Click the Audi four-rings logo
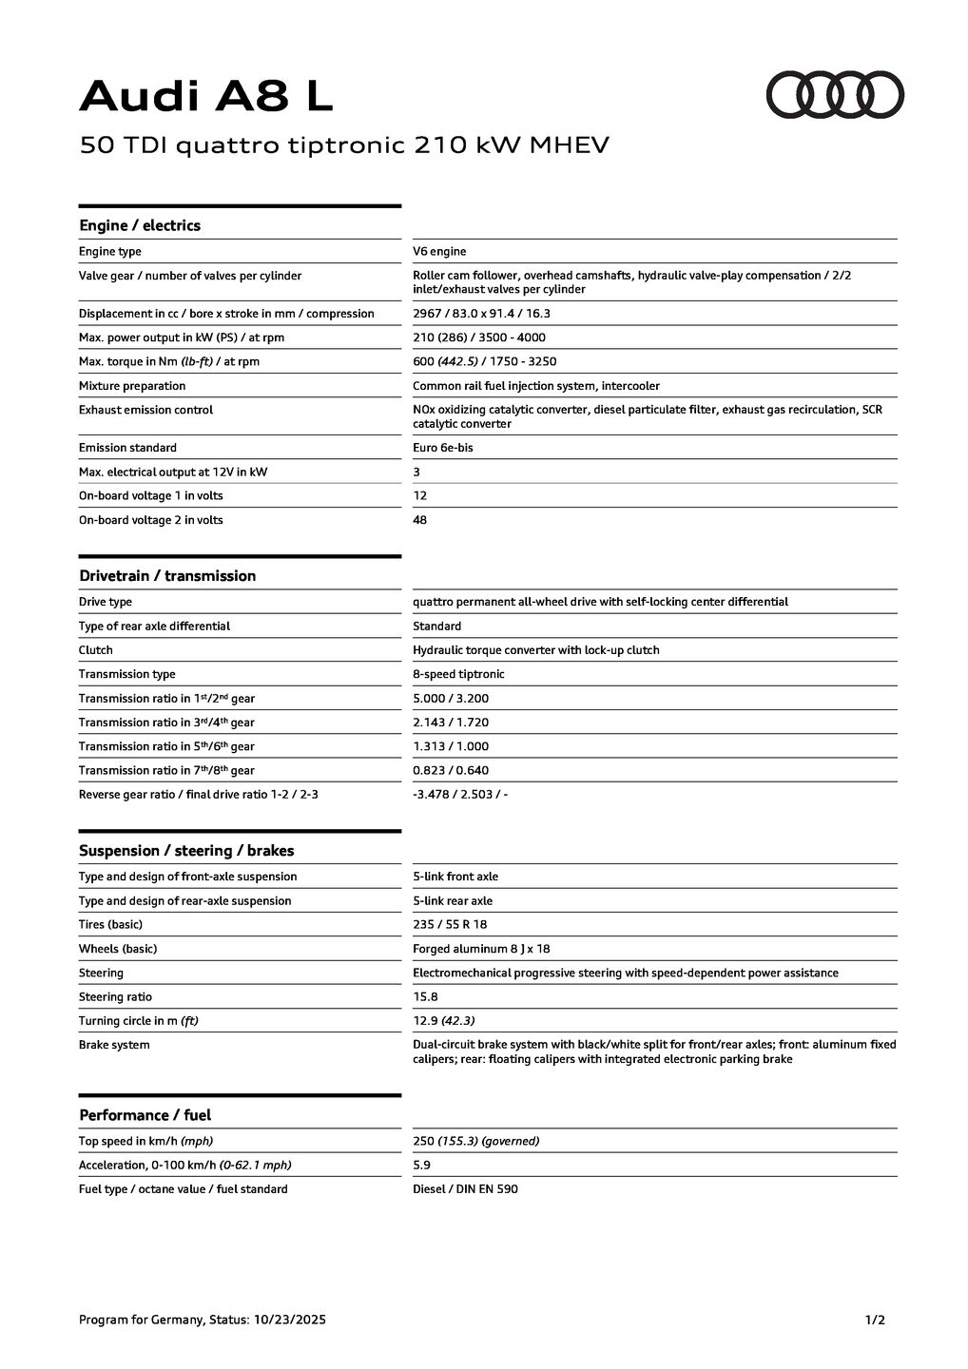pyautogui.click(x=835, y=94)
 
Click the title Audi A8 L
pyautogui.click(x=206, y=96)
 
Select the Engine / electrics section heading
pyautogui.click(x=140, y=225)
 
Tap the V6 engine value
pyautogui.click(x=439, y=251)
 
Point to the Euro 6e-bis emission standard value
pyautogui.click(x=442, y=448)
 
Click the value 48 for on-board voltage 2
pyautogui.click(x=420, y=520)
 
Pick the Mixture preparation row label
pyautogui.click(x=132, y=386)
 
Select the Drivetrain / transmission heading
pyautogui.click(x=167, y=576)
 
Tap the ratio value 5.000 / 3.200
pyautogui.click(x=451, y=698)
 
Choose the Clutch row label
pyautogui.click(x=96, y=650)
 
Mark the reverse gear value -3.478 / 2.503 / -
pyautogui.click(x=460, y=794)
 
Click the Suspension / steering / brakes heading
pyautogui.click(x=186, y=851)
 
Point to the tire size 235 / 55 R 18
pyautogui.click(x=450, y=924)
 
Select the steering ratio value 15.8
pyautogui.click(x=425, y=996)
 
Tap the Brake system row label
pyautogui.click(x=114, y=1045)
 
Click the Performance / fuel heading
pyautogui.click(x=145, y=1115)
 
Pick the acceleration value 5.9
pyautogui.click(x=421, y=1165)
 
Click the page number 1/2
pyautogui.click(x=875, y=1320)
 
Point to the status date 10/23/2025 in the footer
pyautogui.click(x=289, y=1320)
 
